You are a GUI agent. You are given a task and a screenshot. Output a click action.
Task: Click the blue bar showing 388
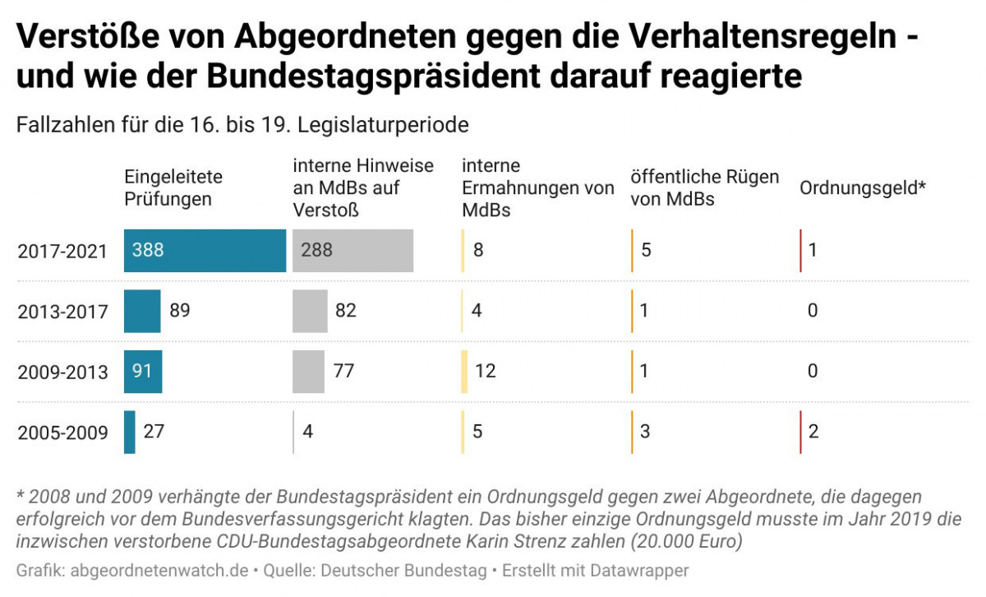pyautogui.click(x=205, y=250)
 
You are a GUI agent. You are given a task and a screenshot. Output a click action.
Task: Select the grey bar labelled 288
pyautogui.click(x=352, y=250)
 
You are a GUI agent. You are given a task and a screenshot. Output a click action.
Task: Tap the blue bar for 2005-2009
pyautogui.click(x=130, y=432)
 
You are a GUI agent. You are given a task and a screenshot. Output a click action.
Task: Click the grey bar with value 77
pyautogui.click(x=308, y=371)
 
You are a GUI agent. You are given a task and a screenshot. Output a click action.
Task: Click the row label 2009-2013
pyautogui.click(x=62, y=372)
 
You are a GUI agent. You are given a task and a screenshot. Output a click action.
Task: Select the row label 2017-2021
pyautogui.click(x=62, y=251)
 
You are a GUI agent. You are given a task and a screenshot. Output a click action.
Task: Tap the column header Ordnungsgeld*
pyautogui.click(x=863, y=187)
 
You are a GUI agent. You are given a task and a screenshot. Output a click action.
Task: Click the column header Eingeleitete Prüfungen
pyautogui.click(x=173, y=187)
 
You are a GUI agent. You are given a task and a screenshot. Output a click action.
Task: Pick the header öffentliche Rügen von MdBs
pyautogui.click(x=704, y=187)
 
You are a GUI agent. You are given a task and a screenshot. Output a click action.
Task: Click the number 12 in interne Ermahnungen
pyautogui.click(x=485, y=371)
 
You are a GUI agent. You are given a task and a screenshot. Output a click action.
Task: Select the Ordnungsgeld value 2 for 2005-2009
pyautogui.click(x=813, y=432)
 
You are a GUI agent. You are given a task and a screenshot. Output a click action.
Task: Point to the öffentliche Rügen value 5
pyautogui.click(x=646, y=250)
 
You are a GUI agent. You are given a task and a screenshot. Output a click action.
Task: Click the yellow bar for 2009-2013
pyautogui.click(x=464, y=371)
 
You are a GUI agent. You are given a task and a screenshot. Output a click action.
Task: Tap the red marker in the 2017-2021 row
pyautogui.click(x=800, y=250)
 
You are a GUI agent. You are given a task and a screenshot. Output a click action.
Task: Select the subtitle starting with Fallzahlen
pyautogui.click(x=242, y=125)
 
